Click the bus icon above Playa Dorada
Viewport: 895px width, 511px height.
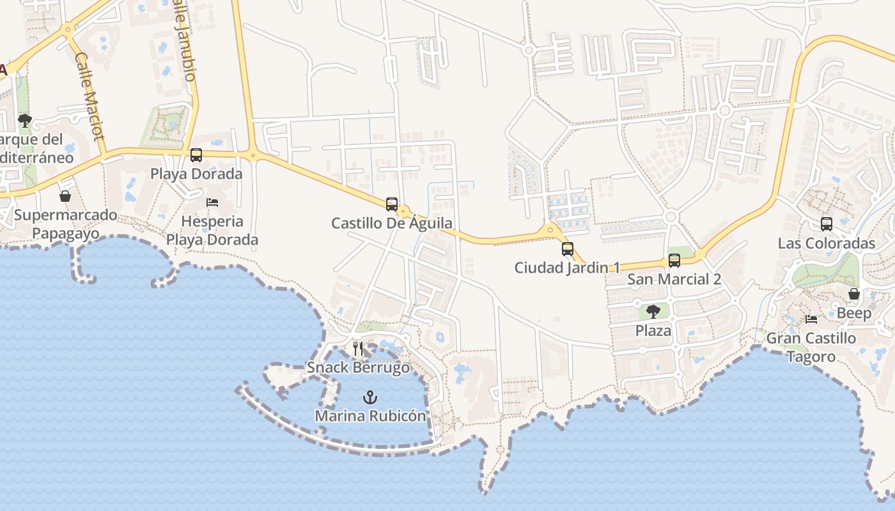tap(196, 155)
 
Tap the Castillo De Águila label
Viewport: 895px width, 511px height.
tap(391, 224)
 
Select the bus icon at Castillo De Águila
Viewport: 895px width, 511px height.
tap(392, 204)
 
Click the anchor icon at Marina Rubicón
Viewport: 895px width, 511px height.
tap(370, 397)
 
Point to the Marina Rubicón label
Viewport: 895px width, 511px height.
tap(370, 416)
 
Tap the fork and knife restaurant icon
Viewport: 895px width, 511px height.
tap(358, 349)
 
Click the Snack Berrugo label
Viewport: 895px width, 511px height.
tap(358, 367)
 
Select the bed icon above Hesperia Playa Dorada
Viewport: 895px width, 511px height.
tap(212, 202)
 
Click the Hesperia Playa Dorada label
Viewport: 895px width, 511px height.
tap(212, 231)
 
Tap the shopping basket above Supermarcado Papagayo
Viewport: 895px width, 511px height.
tap(65, 196)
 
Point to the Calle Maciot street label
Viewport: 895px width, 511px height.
tap(89, 96)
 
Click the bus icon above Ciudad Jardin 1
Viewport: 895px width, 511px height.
tap(568, 249)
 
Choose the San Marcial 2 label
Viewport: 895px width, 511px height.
tap(674, 279)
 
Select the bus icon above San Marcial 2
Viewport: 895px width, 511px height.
tap(674, 261)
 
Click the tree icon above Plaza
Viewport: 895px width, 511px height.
tap(653, 312)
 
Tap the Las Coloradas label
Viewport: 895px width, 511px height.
tap(826, 243)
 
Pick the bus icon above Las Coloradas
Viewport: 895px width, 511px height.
tap(827, 224)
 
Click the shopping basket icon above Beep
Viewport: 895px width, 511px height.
tap(854, 294)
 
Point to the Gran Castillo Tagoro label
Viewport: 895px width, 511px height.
tap(811, 347)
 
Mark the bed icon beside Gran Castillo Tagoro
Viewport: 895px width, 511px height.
tap(811, 319)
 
